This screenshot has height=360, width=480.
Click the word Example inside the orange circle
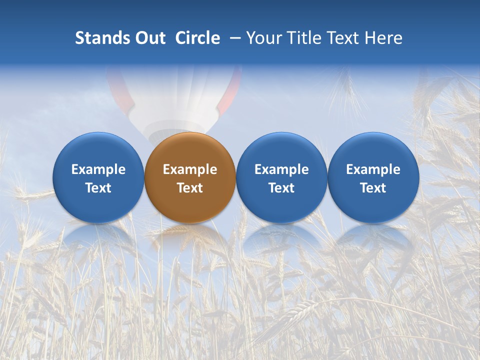[x=190, y=169]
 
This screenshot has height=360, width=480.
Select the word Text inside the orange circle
[x=190, y=188]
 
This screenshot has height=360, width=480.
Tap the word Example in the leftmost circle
[x=98, y=169]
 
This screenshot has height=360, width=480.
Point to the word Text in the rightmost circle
[x=373, y=188]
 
